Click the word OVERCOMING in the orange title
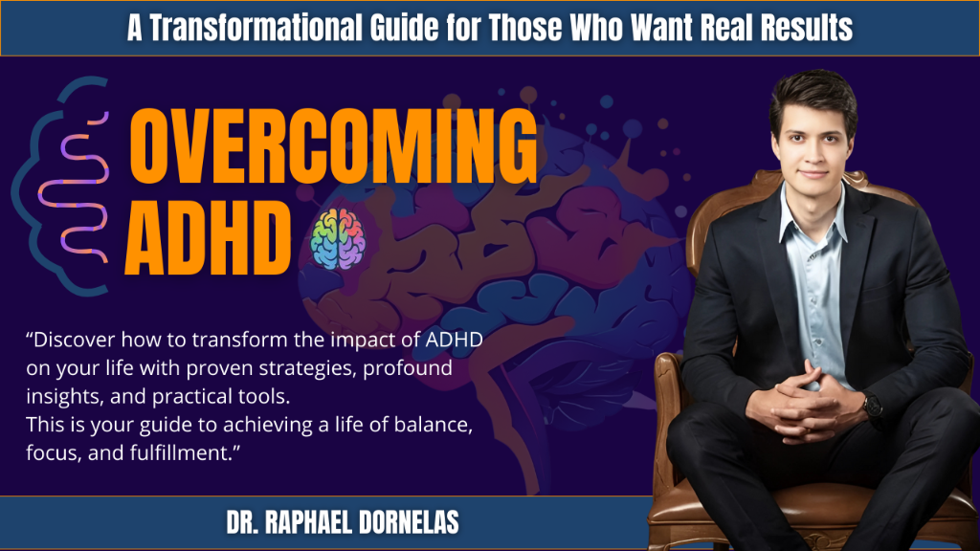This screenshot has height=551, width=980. [x=333, y=146]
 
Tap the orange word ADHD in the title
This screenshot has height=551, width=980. [x=208, y=238]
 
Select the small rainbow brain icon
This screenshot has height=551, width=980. [x=338, y=238]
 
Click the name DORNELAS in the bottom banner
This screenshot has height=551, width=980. [x=409, y=523]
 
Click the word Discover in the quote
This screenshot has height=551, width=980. [x=75, y=340]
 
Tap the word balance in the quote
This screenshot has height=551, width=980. [x=433, y=425]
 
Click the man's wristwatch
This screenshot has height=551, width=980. [x=873, y=406]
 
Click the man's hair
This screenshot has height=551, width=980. [x=813, y=97]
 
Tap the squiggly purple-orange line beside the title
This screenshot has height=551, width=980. [x=75, y=188]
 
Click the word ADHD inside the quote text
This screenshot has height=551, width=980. [x=454, y=340]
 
